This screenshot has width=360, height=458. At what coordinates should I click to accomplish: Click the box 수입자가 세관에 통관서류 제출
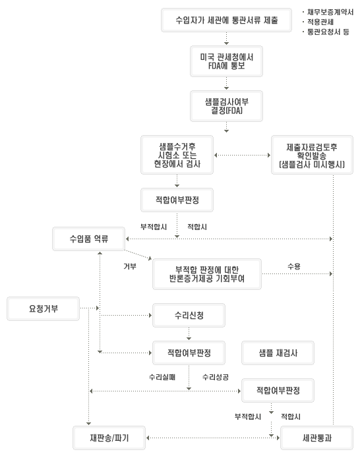coord(226,20)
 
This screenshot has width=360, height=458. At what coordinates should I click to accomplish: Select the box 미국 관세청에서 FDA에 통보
coord(226,61)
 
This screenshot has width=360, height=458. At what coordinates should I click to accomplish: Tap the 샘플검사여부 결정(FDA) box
coord(226,106)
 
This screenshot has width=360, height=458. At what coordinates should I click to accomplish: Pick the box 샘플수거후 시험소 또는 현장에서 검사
coord(177,155)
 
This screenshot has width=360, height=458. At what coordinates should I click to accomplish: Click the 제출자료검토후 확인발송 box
coord(312,155)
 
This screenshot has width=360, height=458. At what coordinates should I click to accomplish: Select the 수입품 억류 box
coord(89,239)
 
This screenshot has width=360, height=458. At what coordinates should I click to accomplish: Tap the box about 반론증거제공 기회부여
coord(207,274)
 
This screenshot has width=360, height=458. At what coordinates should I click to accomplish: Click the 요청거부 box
coord(44,309)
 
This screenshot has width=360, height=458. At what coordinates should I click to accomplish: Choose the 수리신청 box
coord(189,315)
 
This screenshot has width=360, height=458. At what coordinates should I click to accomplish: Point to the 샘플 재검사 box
coord(278,353)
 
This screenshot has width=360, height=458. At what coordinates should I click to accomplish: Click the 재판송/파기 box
coord(109,438)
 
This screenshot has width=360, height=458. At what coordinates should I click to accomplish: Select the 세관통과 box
coord(316,438)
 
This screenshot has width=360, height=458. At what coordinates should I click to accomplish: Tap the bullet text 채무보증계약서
coord(330,13)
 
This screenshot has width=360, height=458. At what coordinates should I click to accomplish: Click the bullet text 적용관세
coord(320,22)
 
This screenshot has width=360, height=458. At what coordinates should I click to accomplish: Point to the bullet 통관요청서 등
coord(328,32)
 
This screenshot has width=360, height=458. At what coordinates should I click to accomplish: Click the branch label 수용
coord(294,266)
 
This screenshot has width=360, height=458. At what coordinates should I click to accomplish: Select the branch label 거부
coord(130,266)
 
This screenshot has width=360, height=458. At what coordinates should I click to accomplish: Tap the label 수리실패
coord(162,377)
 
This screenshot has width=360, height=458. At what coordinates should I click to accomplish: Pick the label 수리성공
coord(216,377)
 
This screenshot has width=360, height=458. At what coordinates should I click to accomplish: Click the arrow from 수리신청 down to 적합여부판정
coord(189,333)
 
